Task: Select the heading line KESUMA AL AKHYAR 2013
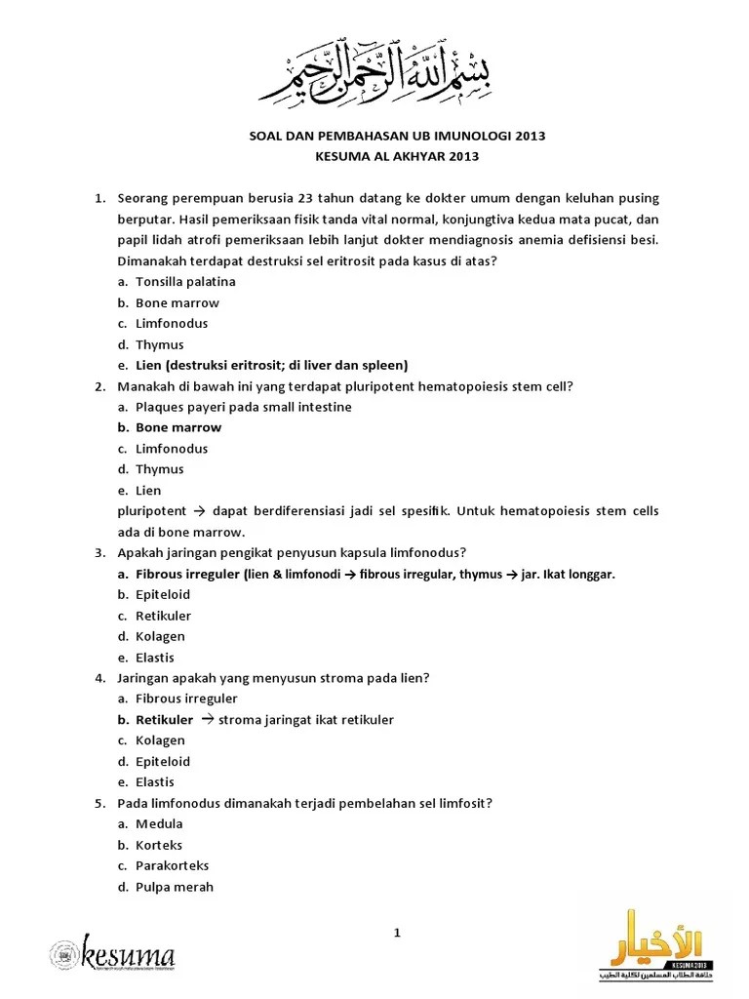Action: tap(397, 156)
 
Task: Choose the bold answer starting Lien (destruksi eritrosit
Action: tap(271, 365)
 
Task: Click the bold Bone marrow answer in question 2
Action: tap(178, 427)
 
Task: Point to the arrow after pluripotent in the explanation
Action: tap(195, 511)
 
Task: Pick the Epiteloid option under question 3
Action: tap(163, 594)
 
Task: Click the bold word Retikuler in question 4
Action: tap(164, 720)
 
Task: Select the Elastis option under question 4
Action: tap(155, 781)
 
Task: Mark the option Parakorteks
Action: tap(172, 865)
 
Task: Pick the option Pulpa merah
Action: tap(174, 887)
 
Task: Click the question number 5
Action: tap(99, 803)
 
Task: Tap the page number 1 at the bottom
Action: tap(397, 934)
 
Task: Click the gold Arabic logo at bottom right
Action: tap(653, 943)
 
